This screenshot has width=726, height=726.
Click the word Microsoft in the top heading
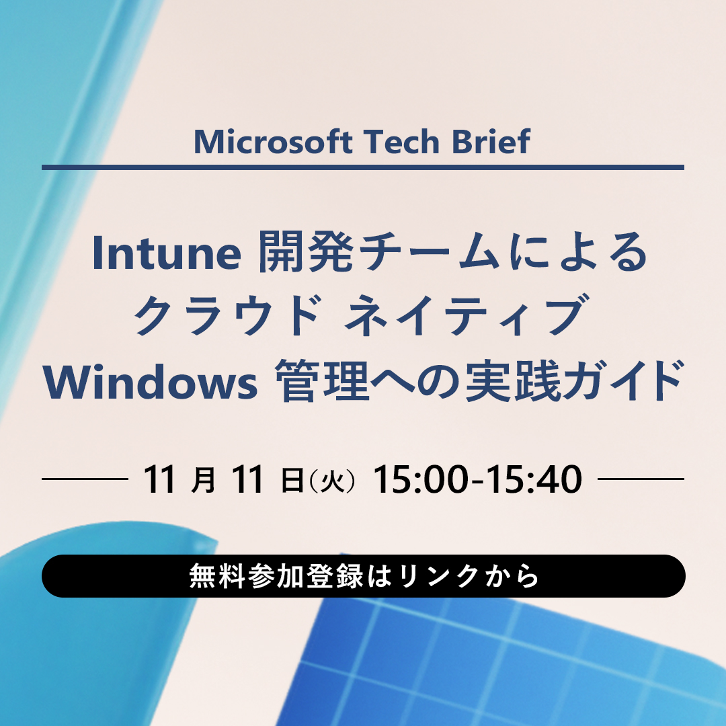(x=273, y=142)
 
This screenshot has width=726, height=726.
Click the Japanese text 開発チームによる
(x=454, y=254)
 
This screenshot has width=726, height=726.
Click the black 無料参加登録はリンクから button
(x=363, y=576)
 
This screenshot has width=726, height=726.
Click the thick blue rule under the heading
(x=363, y=167)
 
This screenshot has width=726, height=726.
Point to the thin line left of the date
(x=85, y=479)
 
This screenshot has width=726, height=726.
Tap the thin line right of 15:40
(x=641, y=479)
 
